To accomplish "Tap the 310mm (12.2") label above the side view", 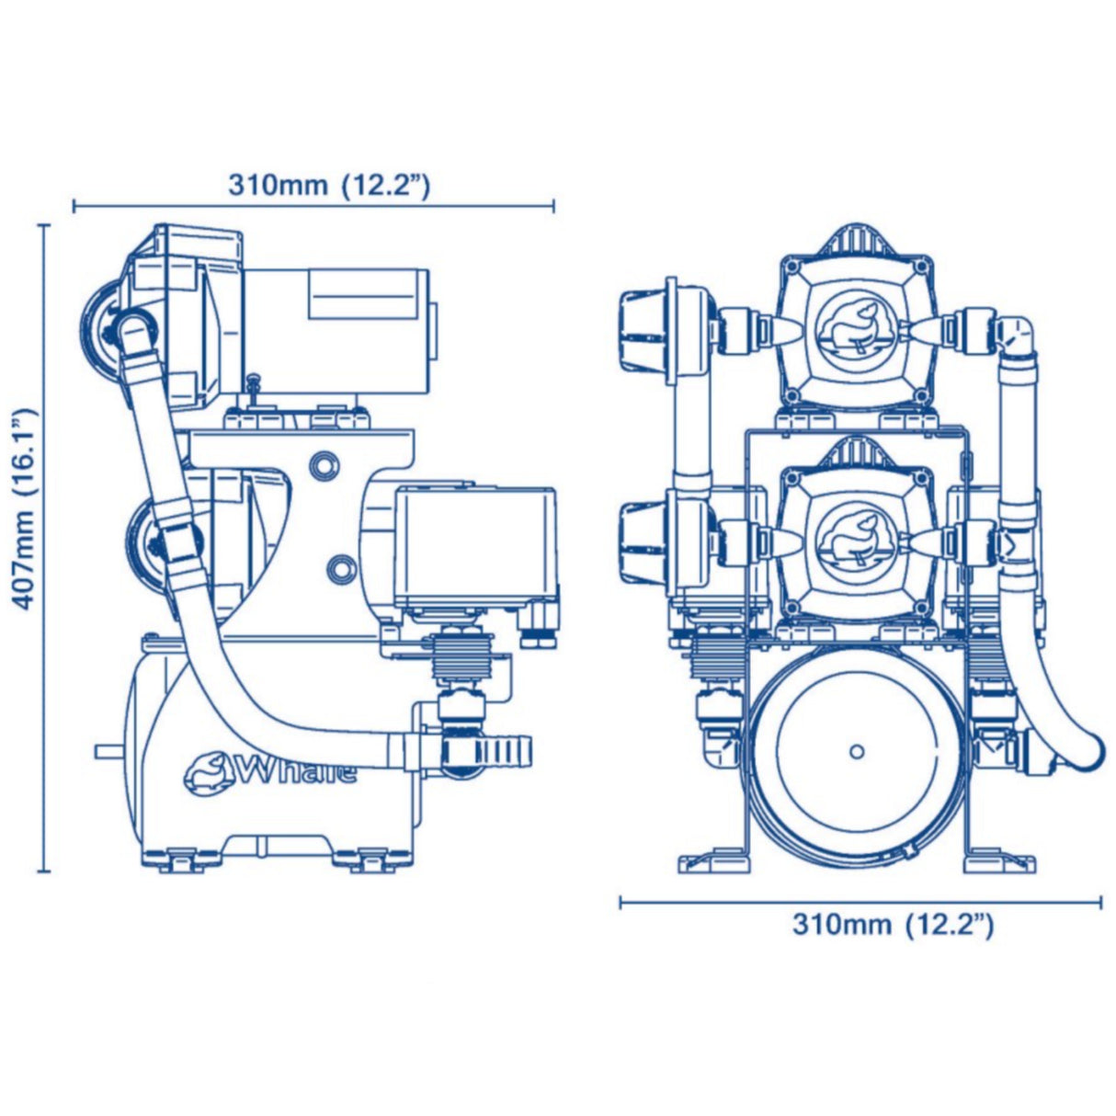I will (328, 185).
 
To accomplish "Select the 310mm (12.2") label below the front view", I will (893, 924).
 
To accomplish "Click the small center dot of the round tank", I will (857, 751).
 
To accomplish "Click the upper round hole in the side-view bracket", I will (324, 465).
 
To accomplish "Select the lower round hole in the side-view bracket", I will (337, 566).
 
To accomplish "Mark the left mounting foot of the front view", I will (713, 862).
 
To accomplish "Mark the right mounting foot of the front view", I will (999, 862).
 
